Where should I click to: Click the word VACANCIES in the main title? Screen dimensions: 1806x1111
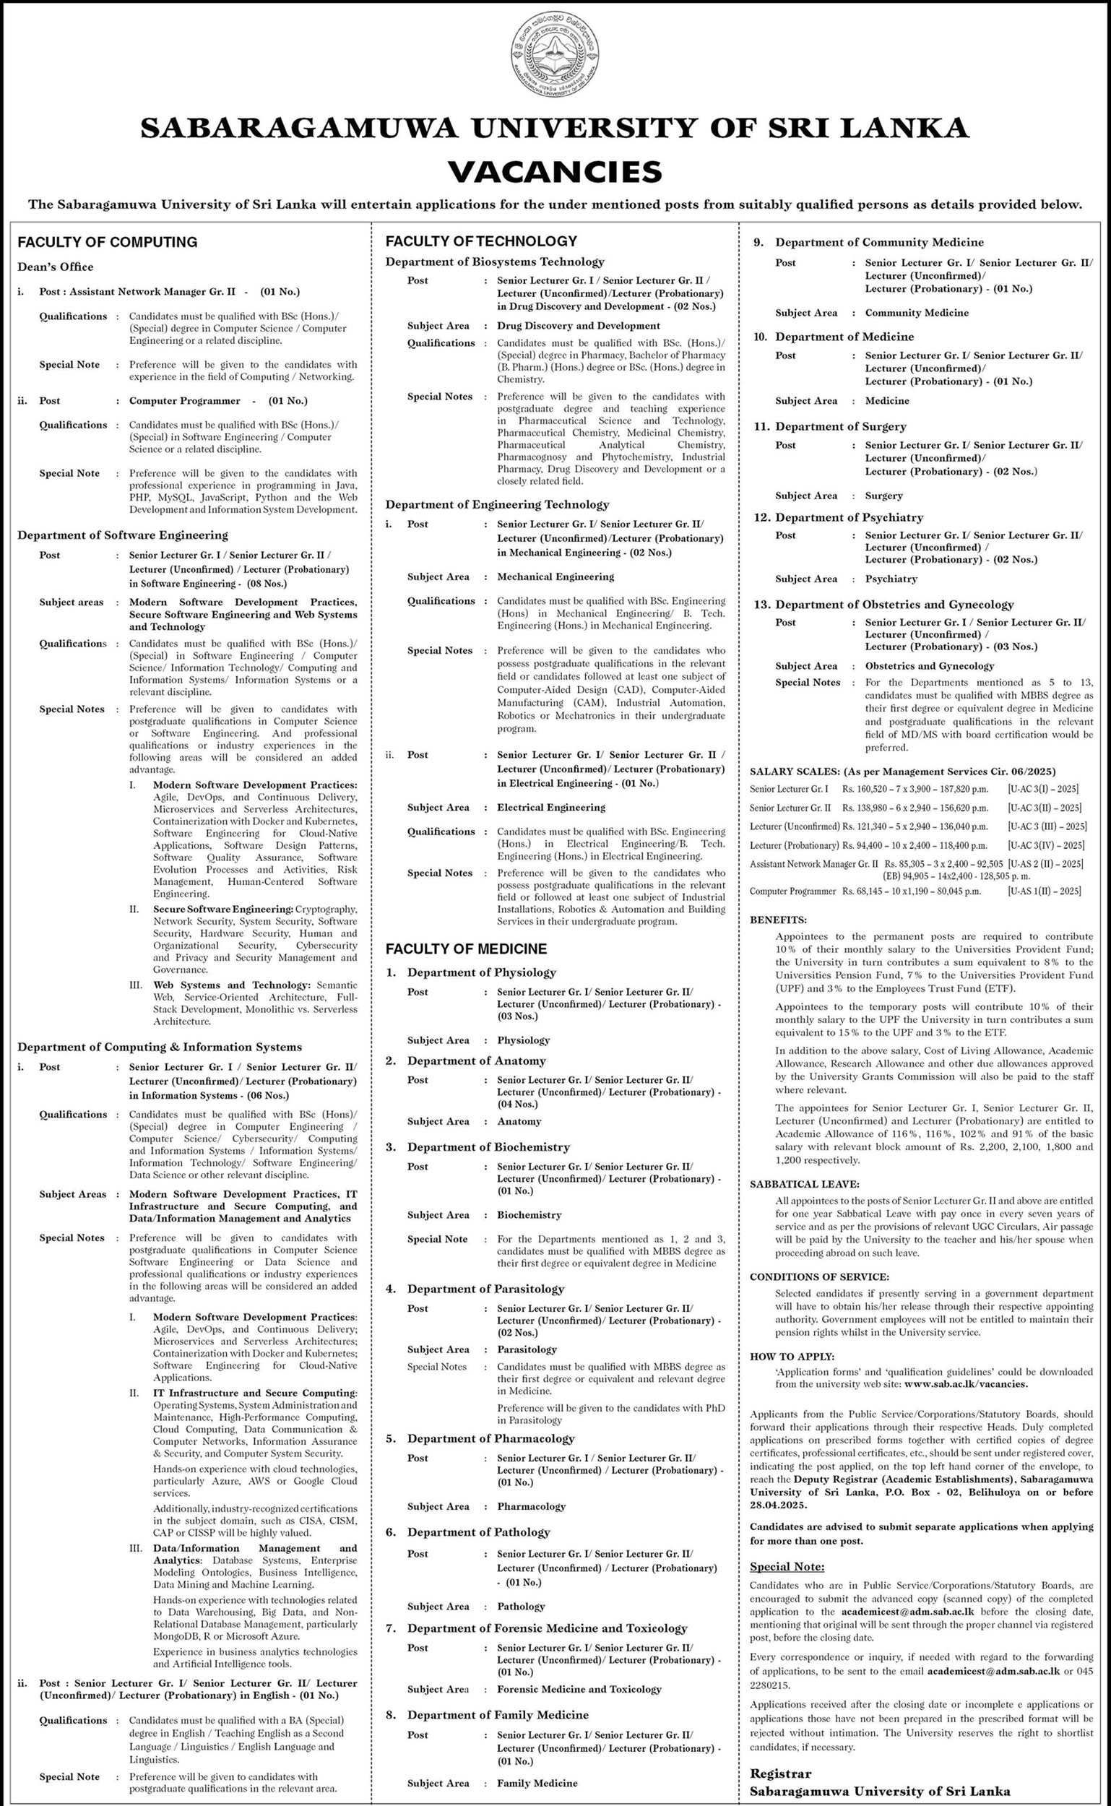click(555, 171)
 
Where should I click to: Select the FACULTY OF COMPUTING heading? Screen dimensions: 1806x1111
click(108, 242)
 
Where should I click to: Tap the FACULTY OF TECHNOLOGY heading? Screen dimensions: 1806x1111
click(481, 241)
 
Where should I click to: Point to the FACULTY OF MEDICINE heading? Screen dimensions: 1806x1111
click(467, 949)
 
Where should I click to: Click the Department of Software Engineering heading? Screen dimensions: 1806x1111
click(123, 535)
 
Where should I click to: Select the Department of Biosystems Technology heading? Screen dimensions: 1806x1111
click(495, 262)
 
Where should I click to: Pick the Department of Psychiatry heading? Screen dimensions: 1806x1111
click(849, 517)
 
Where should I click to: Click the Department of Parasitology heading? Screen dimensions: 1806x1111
click(485, 1289)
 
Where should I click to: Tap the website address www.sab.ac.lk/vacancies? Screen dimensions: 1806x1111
click(966, 1384)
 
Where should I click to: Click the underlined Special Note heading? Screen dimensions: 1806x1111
click(787, 1566)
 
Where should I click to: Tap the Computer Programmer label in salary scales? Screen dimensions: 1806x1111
click(792, 891)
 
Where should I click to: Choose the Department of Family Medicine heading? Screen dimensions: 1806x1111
click(498, 1715)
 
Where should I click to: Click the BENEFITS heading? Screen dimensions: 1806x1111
click(778, 920)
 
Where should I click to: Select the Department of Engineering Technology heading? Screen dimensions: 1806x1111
click(497, 504)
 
